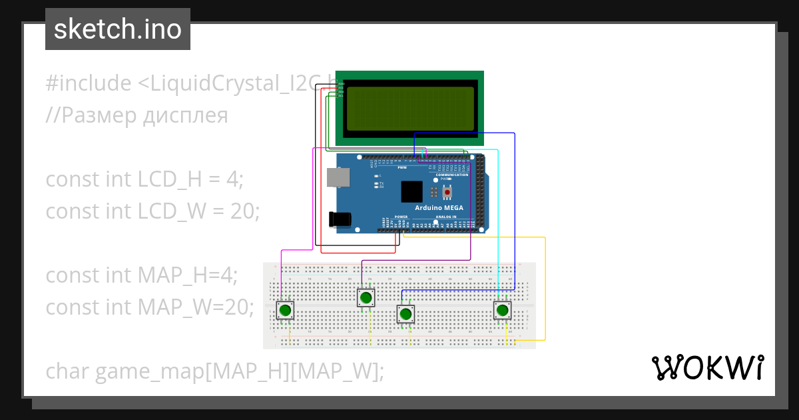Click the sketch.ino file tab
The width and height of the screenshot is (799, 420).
118,29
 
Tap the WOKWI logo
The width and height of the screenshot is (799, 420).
707,368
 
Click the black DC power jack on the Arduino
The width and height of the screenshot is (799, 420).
340,219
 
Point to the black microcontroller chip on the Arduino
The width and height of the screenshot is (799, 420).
411,192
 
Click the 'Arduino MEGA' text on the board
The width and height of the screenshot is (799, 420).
439,208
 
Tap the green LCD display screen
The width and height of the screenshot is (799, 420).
409,108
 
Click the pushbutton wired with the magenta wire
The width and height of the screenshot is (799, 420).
285,311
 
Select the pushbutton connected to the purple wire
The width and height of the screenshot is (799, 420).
366,297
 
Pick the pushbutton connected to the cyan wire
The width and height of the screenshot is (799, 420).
502,311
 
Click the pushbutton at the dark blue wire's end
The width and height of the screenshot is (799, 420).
405,313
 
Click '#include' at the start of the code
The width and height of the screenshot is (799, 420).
89,83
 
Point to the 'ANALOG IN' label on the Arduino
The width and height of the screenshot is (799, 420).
445,217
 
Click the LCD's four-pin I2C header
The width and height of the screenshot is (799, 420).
340,89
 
